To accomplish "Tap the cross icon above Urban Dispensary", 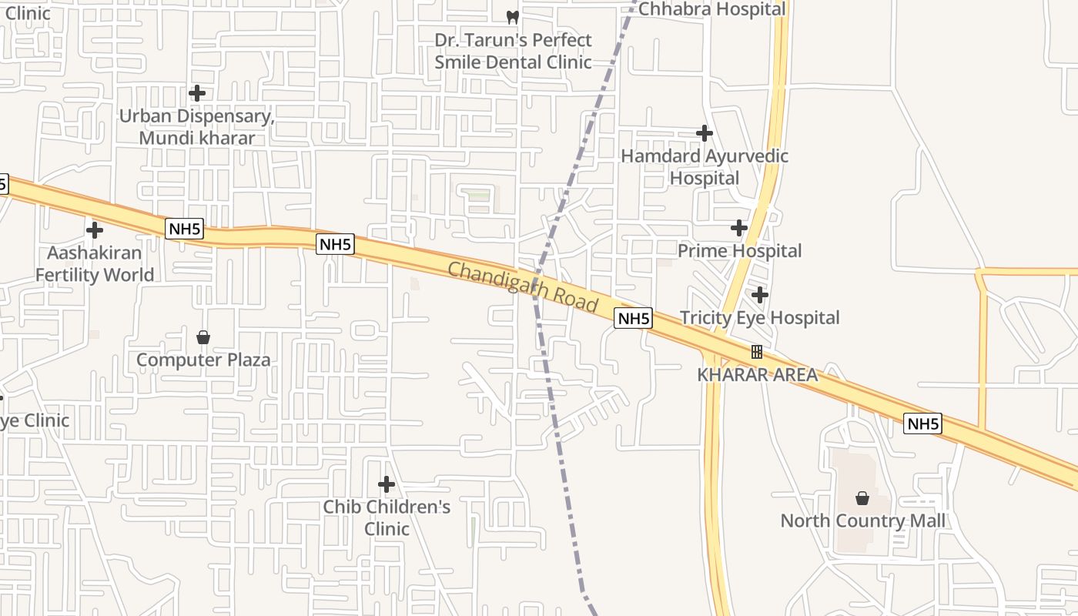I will click(x=197, y=93).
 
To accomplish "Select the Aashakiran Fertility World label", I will click(x=95, y=263).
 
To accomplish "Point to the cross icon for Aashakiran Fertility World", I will click(x=95, y=229).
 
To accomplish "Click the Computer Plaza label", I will click(x=203, y=360).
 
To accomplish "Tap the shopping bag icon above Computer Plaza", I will click(x=203, y=337).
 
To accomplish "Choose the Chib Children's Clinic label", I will click(x=387, y=517).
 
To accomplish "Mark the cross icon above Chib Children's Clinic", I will click(x=387, y=484).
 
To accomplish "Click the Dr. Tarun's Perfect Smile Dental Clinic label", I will click(x=513, y=51).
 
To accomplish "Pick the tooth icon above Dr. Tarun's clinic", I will click(x=513, y=16).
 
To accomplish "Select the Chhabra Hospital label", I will click(x=712, y=9).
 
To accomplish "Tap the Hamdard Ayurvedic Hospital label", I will click(x=705, y=166).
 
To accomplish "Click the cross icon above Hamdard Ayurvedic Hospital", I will click(x=705, y=133).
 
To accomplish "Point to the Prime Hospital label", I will click(x=740, y=251).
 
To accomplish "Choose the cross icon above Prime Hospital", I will click(x=739, y=228).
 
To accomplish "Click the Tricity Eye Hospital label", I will click(x=759, y=317).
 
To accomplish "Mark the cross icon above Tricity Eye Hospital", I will click(x=760, y=295).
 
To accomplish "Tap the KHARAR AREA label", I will click(x=757, y=375).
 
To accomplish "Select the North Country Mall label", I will click(x=862, y=521).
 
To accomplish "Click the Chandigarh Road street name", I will click(x=523, y=286).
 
